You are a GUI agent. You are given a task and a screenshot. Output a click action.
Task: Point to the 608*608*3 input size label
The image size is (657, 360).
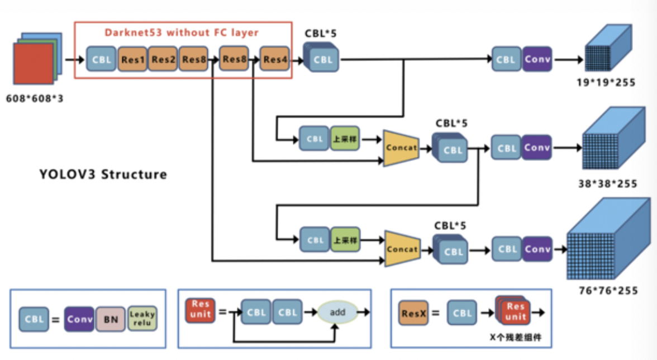pyautogui.click(x=35, y=100)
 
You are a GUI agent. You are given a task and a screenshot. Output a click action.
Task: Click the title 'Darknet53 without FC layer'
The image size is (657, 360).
pyautogui.click(x=182, y=32)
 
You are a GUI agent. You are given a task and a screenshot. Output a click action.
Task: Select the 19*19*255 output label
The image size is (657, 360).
pyautogui.click(x=607, y=83)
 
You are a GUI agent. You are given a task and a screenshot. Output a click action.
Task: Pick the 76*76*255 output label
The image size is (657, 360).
pyautogui.click(x=606, y=290)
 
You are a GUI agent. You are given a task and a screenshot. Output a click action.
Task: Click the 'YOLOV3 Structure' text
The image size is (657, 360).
pyautogui.click(x=103, y=174)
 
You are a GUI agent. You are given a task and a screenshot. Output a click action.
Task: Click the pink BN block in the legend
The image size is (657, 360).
pyautogui.click(x=111, y=320)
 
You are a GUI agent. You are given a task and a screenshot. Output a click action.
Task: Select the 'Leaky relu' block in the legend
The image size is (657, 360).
pyautogui.click(x=142, y=319)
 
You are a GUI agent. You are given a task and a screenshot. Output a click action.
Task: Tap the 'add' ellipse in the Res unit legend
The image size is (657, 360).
pyautogui.click(x=337, y=312)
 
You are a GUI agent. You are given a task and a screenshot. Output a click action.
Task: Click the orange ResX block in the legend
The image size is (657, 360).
pyautogui.click(x=414, y=313)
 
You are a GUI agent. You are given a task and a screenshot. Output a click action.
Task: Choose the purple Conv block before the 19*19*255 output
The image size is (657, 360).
pyautogui.click(x=537, y=59)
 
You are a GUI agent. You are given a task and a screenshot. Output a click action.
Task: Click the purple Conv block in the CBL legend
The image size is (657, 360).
pyautogui.click(x=79, y=320)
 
